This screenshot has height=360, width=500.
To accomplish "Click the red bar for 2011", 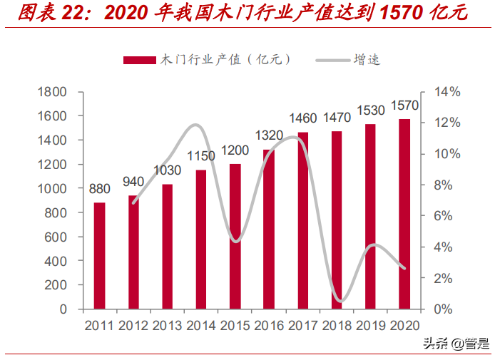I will [100, 255].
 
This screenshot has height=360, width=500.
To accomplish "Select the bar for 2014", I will [201, 239].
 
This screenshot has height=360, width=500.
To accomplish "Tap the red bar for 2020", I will [404, 214].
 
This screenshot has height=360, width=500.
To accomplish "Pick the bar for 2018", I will [337, 220].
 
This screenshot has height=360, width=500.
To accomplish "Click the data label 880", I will [100, 190].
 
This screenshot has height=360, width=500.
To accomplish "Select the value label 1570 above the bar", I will [404, 106].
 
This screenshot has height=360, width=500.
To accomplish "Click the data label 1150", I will [201, 156].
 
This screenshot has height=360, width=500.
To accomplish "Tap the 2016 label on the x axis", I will [269, 326].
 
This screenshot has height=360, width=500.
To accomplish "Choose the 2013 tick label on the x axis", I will [168, 326].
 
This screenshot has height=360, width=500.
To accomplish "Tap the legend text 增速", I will [367, 60].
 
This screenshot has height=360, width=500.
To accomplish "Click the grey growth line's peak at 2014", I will [197, 125].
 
